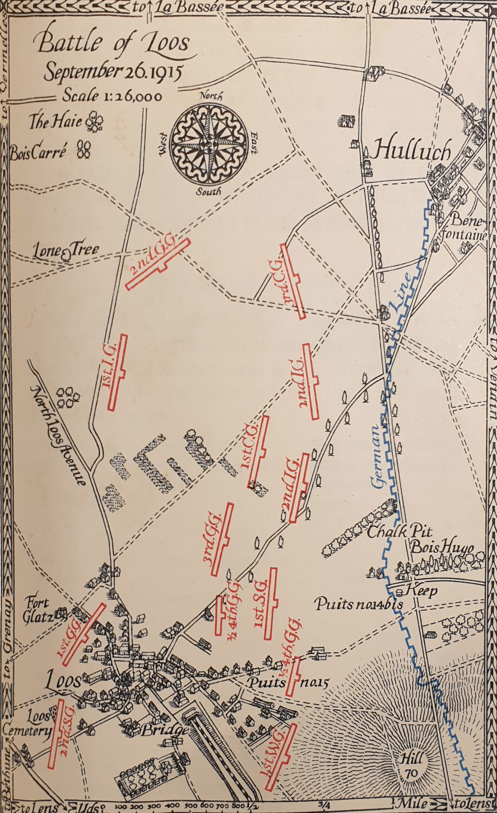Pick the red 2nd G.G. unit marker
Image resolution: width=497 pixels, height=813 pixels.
(x=158, y=264)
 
